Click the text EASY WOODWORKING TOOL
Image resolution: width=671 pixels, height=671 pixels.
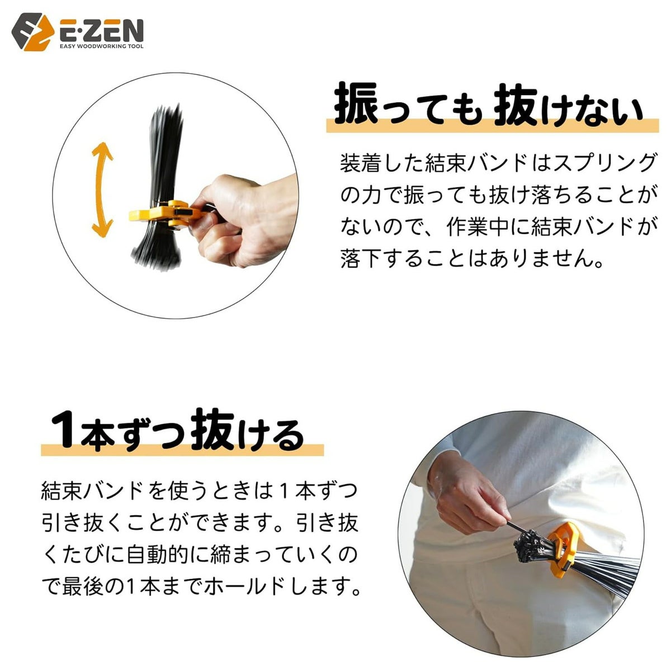(x=101, y=46)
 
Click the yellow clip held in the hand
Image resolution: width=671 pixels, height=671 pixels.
(x=160, y=215)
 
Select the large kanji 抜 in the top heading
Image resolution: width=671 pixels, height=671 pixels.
(x=515, y=105)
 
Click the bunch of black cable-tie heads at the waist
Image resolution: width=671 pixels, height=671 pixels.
(x=530, y=545)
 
